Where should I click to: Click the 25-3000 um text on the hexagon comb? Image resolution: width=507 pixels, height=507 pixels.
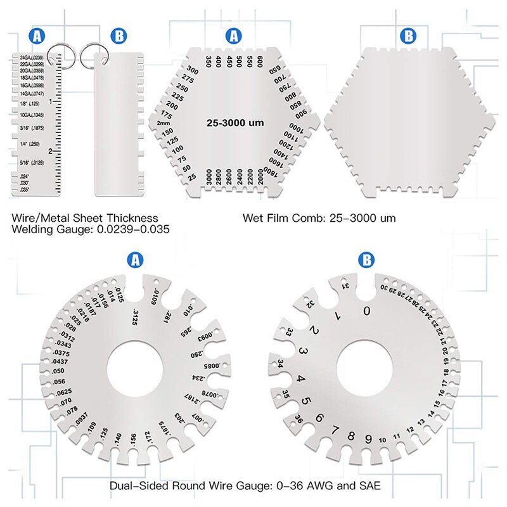click(x=234, y=122)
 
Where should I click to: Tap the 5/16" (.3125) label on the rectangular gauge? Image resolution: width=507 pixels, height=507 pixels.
click(x=28, y=162)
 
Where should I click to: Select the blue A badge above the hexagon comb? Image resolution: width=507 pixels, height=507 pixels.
click(x=234, y=37)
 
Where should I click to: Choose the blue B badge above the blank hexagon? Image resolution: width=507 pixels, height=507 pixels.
click(x=409, y=37)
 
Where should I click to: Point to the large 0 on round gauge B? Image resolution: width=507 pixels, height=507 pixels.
click(x=366, y=311)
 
